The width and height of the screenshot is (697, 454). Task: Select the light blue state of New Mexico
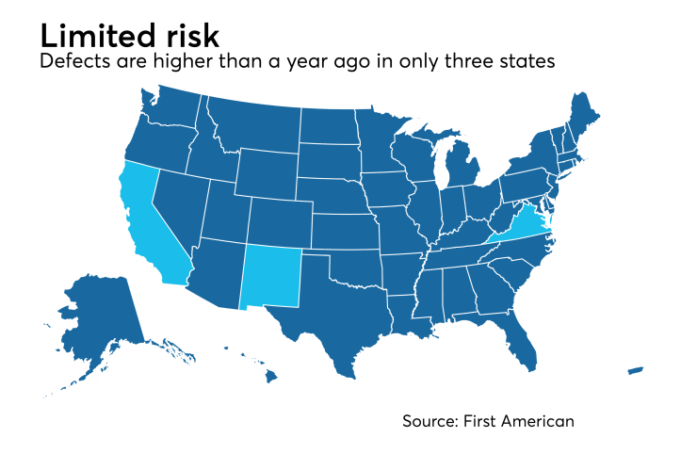coord(272,276)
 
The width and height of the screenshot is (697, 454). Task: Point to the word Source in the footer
coord(430,421)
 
